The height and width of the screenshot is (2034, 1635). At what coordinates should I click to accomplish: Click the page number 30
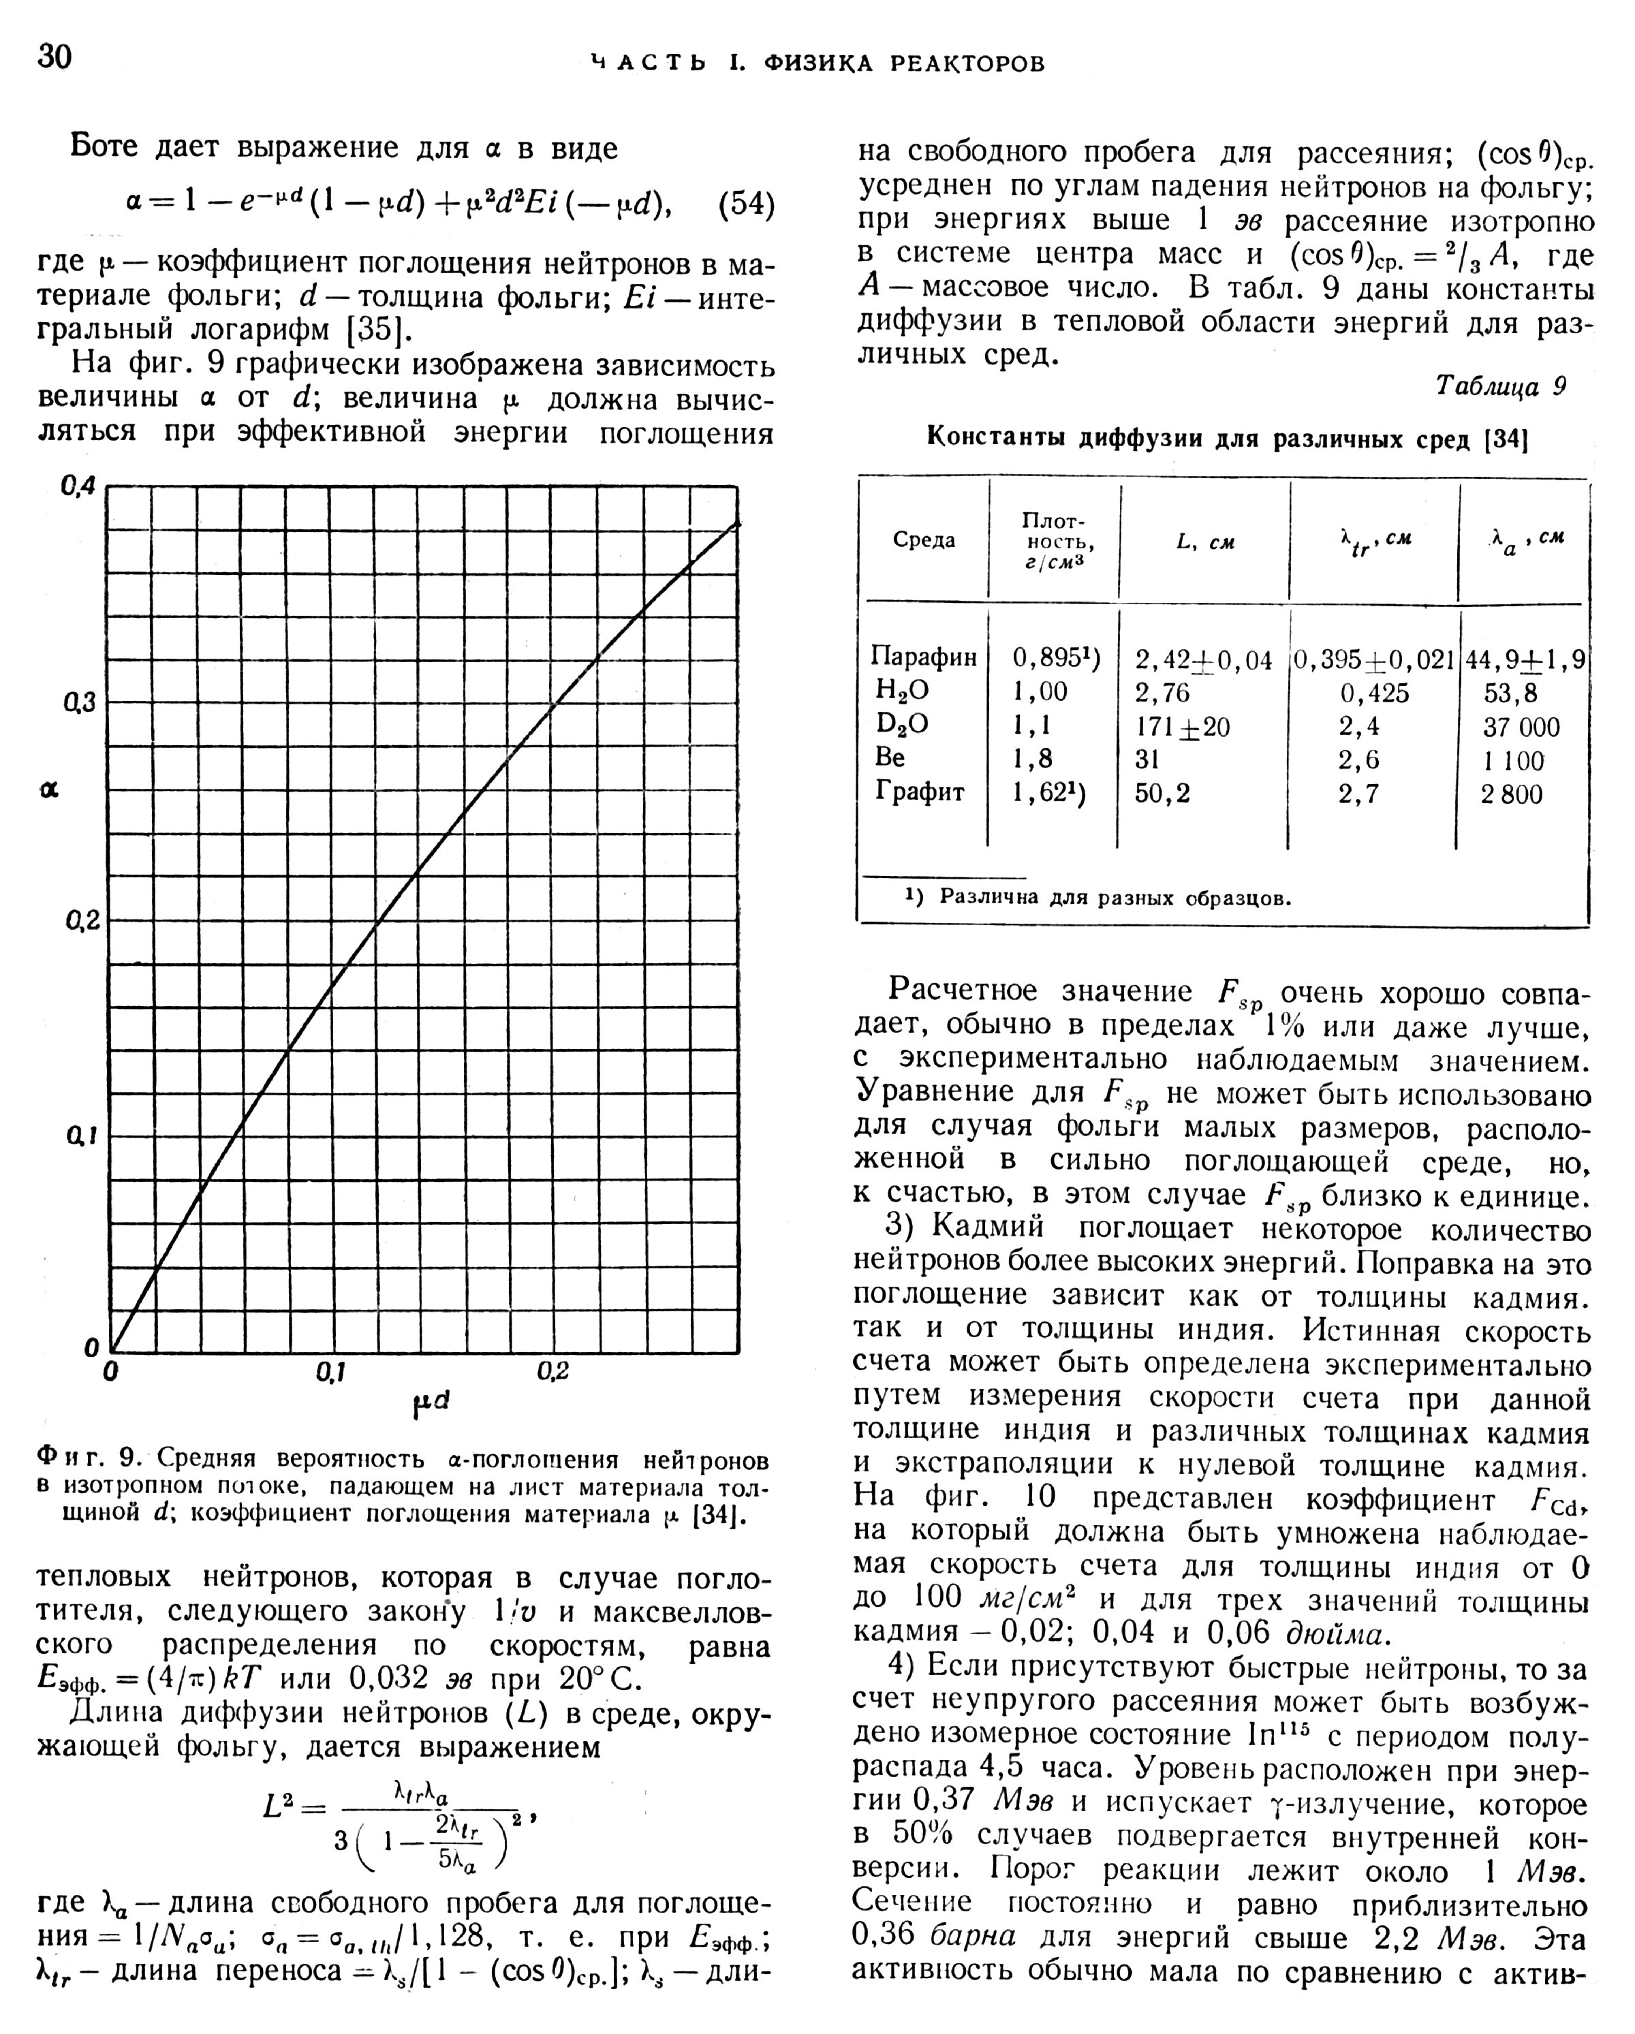[54, 57]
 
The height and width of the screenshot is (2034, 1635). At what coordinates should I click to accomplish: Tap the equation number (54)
[745, 205]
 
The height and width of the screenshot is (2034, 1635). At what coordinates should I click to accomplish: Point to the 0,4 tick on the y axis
[79, 487]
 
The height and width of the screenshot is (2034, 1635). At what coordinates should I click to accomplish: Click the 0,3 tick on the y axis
[79, 703]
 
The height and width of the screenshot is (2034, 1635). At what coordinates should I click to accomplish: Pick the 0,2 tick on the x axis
[553, 1373]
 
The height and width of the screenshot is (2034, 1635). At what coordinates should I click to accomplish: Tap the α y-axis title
[49, 789]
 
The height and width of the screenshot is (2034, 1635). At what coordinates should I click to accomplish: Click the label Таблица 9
[1500, 387]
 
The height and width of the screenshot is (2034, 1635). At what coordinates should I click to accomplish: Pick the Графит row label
[920, 792]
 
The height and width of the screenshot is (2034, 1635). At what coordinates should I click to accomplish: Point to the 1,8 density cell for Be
[1032, 759]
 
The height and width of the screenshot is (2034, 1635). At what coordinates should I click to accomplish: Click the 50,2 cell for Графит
[1162, 792]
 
